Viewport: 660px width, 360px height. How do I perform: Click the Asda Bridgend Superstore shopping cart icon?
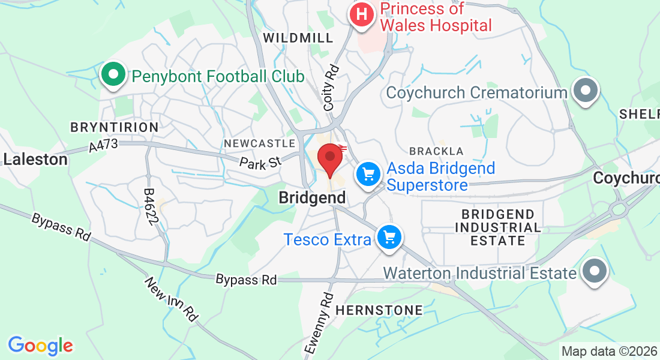(368, 175)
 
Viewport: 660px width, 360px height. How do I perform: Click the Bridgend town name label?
(312, 197)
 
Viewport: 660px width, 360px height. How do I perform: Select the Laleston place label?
(35, 160)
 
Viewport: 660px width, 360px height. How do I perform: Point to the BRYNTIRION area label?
(115, 127)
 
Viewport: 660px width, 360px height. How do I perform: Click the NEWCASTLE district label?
(259, 143)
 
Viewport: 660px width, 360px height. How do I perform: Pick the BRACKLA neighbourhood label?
(436, 151)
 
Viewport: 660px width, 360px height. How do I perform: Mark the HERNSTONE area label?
(379, 310)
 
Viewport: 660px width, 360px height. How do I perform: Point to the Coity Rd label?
(331, 88)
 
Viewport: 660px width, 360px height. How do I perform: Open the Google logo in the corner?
(40, 346)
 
